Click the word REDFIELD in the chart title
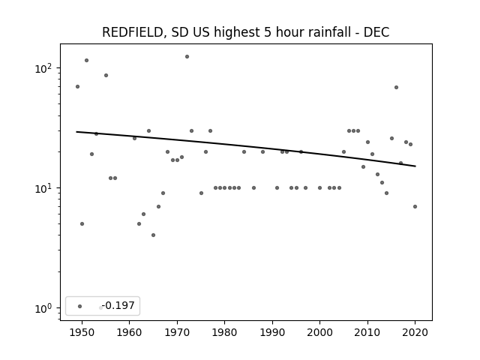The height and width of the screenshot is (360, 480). tap(132, 32)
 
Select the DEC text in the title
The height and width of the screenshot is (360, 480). tap(376, 32)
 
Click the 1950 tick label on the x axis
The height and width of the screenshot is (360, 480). tap(82, 332)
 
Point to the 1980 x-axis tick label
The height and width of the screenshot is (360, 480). tap(225, 332)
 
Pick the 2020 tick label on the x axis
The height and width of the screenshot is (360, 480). tap(415, 332)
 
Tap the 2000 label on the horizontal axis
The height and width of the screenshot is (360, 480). tap(320, 332)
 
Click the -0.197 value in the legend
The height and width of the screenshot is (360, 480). tap(118, 305)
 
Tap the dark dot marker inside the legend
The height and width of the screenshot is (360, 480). tap(80, 306)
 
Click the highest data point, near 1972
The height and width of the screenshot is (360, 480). tap(187, 57)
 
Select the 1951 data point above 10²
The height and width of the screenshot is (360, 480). tap(87, 60)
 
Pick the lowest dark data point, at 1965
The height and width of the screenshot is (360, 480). tap(153, 235)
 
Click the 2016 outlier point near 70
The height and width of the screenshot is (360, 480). tap(397, 87)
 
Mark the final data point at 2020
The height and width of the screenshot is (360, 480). tap(415, 207)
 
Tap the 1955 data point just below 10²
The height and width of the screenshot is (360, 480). tap(106, 75)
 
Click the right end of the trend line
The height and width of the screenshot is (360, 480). tap(415, 166)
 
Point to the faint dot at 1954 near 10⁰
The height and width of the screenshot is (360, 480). tap(100, 308)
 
